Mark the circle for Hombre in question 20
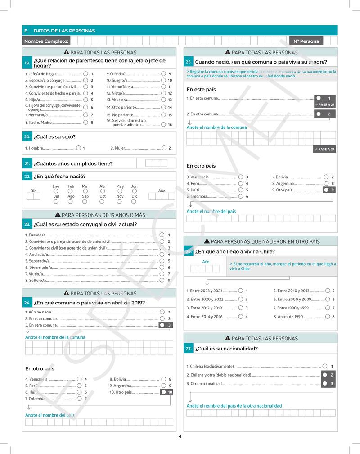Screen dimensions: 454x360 [x=79, y=148]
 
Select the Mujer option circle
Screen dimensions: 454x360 [x=164, y=148]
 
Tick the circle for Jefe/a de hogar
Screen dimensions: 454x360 [x=85, y=74]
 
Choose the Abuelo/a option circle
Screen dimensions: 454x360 [x=163, y=100]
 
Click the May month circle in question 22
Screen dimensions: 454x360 [x=120, y=191]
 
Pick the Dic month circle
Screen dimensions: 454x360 [x=134, y=201]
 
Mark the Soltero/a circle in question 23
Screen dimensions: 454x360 [x=162, y=280]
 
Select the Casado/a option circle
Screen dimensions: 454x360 [x=162, y=235]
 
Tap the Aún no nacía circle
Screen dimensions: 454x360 [x=162, y=312]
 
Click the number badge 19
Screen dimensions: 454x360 [x=27, y=63]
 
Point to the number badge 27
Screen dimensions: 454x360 [x=189, y=349]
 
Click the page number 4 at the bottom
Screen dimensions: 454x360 [x=180, y=436]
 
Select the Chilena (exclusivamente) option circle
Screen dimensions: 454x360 [x=325, y=367]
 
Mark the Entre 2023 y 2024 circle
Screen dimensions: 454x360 [x=240, y=291]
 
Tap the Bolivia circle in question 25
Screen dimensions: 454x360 [x=325, y=177]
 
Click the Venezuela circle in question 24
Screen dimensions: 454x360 [x=79, y=379]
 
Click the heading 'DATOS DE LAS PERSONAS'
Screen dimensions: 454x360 [x=64, y=31]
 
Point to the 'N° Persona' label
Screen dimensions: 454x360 [x=306, y=41]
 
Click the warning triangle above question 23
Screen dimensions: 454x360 [x=58, y=215]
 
